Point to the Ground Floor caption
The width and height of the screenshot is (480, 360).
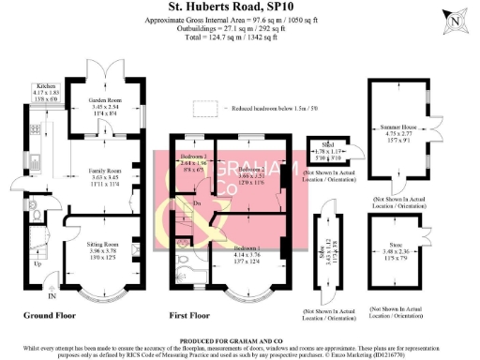(x=49, y=316)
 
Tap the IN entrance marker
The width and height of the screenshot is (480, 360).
(x=52, y=297)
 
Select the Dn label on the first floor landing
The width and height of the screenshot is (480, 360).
(x=198, y=203)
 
